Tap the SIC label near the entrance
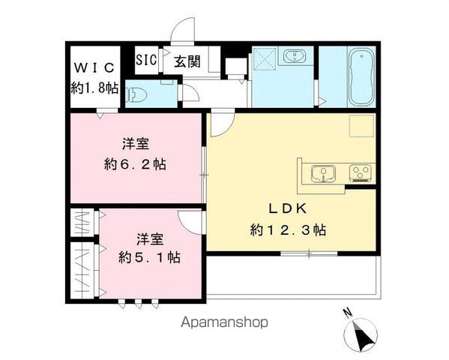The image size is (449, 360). tap(145, 60)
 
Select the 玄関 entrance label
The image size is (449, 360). tap(187, 61)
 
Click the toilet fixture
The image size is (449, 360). tap(139, 94)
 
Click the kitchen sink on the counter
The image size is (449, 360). tap(324, 174)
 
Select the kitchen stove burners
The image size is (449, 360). tap(361, 174)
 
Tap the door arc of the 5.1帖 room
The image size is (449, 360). tap(190, 220)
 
